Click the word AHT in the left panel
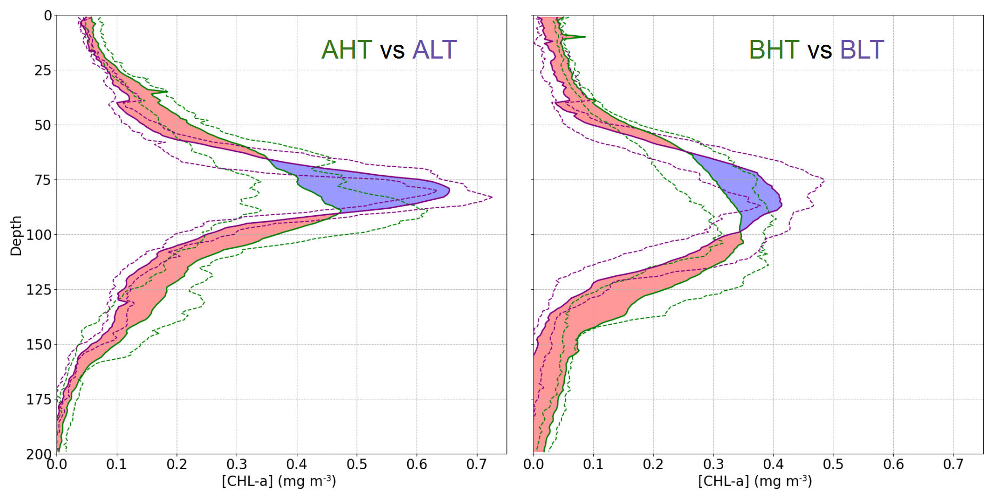pyautogui.click(x=346, y=50)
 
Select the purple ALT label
pyautogui.click(x=434, y=50)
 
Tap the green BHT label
pyautogui.click(x=774, y=50)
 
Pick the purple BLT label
pyautogui.click(x=862, y=50)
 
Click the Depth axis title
pyautogui.click(x=16, y=235)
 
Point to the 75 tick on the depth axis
pyautogui.click(x=43, y=180)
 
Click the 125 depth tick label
pyautogui.click(x=39, y=290)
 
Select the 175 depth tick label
pyautogui.click(x=39, y=399)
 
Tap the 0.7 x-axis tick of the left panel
pyautogui.click(x=476, y=465)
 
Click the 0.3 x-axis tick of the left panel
pyautogui.click(x=237, y=465)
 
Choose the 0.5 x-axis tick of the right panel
pyautogui.click(x=833, y=465)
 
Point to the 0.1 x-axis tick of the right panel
pyautogui.click(x=593, y=465)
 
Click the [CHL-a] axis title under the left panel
pyautogui.click(x=279, y=481)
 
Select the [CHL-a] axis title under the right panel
pyautogui.click(x=755, y=481)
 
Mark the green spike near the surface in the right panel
pyautogui.click(x=581, y=37)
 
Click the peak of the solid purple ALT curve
pyautogui.click(x=449, y=190)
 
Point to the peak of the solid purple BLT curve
pyautogui.click(x=781, y=203)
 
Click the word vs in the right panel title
pyautogui.click(x=819, y=51)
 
